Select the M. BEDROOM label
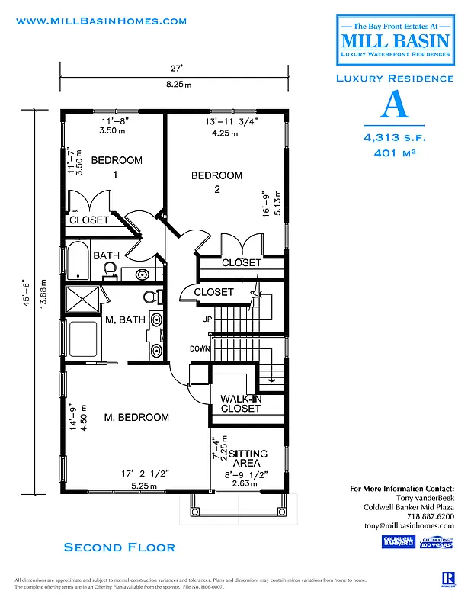click(136, 417)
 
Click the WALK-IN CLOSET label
click(240, 403)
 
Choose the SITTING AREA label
click(245, 457)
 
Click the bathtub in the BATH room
click(78, 262)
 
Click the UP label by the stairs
click(207, 319)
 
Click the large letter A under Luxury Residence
click(394, 105)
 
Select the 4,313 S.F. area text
click(394, 137)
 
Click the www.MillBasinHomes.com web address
click(101, 21)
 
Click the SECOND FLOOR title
click(120, 547)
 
